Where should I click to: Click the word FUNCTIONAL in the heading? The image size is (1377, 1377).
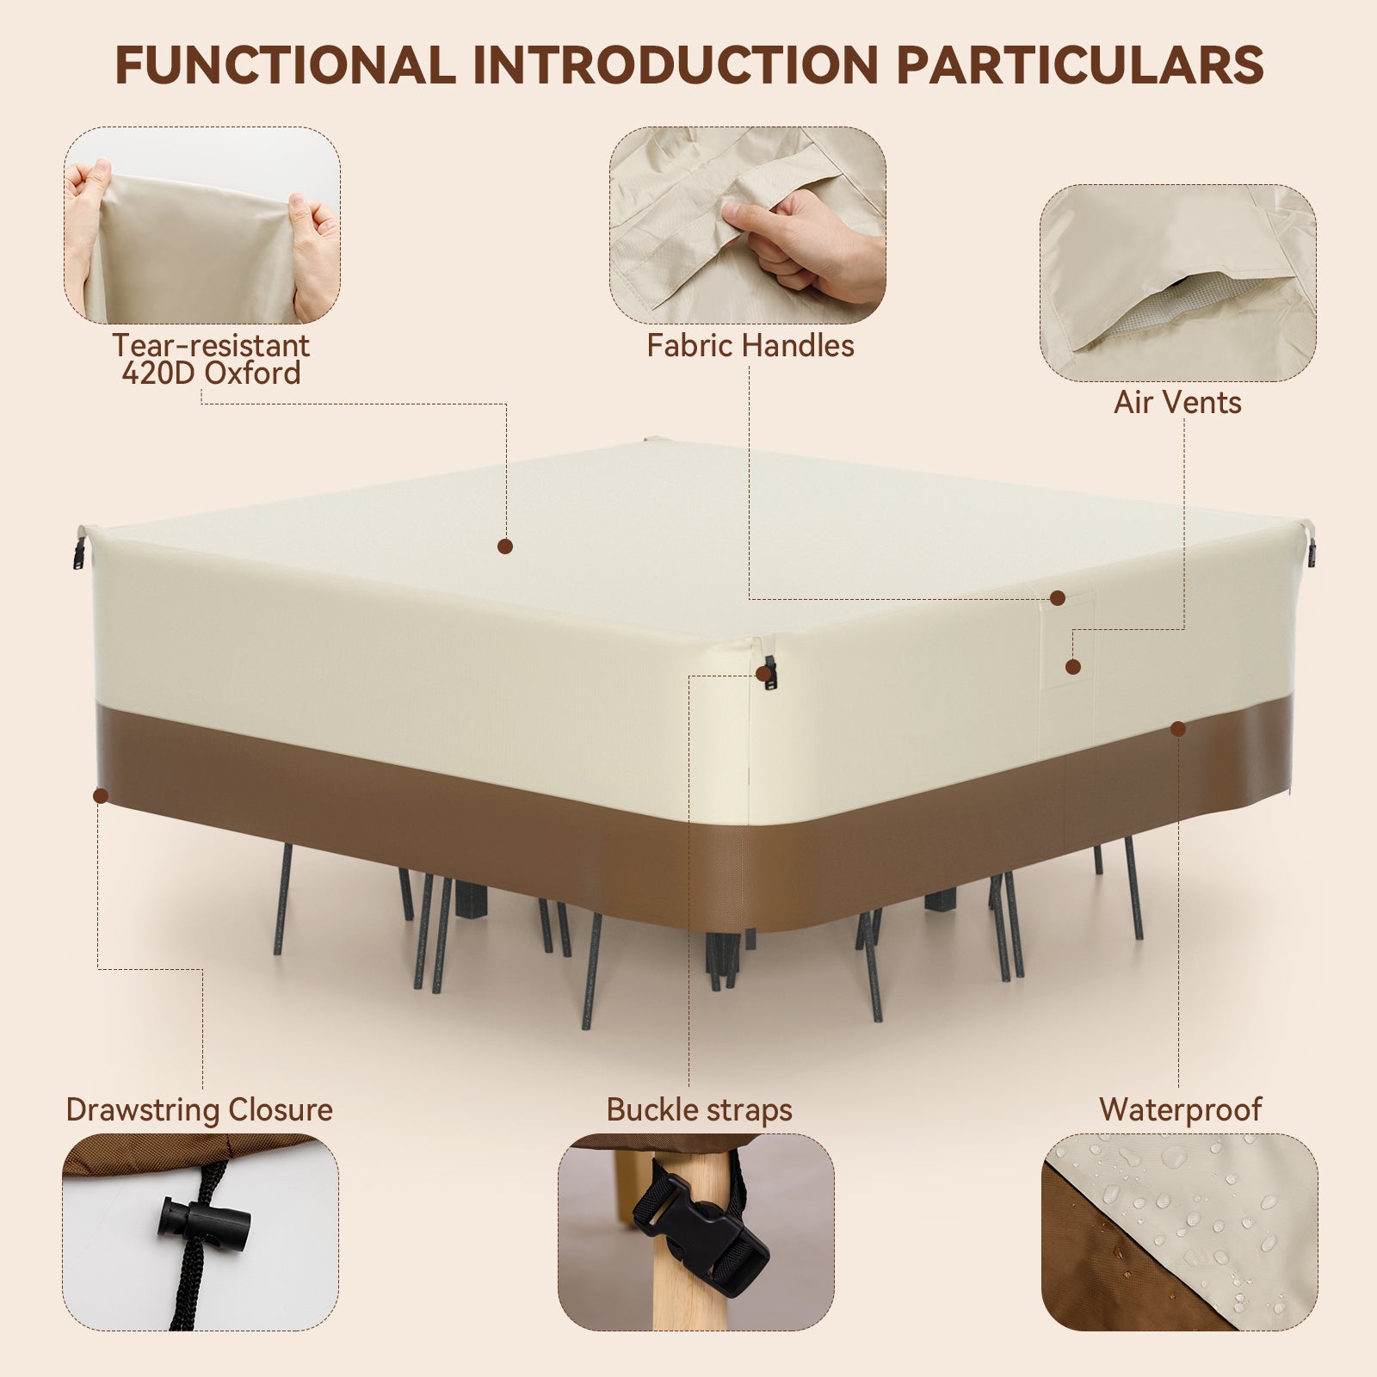click(285, 65)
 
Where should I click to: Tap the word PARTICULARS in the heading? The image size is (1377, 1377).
click(1079, 65)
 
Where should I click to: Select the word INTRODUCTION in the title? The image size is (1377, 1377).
click(676, 65)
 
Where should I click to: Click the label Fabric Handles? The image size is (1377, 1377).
click(750, 346)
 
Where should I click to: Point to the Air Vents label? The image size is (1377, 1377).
click(1177, 403)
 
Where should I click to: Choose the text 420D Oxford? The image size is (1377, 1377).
click(211, 374)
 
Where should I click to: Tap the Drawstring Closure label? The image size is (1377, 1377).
click(199, 1110)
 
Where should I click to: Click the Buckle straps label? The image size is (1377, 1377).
click(699, 1110)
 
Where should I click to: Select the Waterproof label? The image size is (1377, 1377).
click(1180, 1110)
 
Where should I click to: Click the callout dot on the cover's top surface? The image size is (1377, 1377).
click(505, 546)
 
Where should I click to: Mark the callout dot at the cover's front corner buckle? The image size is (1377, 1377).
click(763, 674)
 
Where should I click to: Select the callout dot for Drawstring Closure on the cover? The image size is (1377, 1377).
click(101, 796)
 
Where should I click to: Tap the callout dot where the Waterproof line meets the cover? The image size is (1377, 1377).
click(1178, 729)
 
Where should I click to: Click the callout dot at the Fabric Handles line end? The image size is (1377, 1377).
click(1058, 598)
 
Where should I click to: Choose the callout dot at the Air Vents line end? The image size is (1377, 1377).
click(1072, 667)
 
